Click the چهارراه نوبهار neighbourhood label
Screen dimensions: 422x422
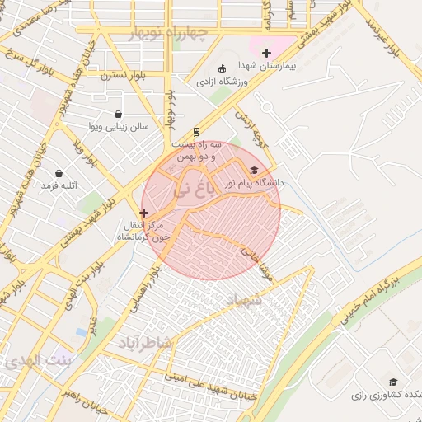click(171, 31)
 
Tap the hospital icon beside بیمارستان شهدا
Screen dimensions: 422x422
click(265, 53)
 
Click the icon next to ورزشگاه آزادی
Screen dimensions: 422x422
click(221, 68)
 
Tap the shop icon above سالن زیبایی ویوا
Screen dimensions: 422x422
click(119, 115)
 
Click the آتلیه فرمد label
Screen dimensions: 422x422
click(58, 186)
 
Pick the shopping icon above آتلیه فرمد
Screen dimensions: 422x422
click(59, 173)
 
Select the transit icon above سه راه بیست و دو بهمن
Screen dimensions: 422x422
click(196, 130)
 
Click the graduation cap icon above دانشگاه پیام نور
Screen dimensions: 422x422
click(253, 170)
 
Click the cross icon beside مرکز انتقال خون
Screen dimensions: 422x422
click(144, 213)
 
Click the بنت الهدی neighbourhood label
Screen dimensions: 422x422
click(35, 361)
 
